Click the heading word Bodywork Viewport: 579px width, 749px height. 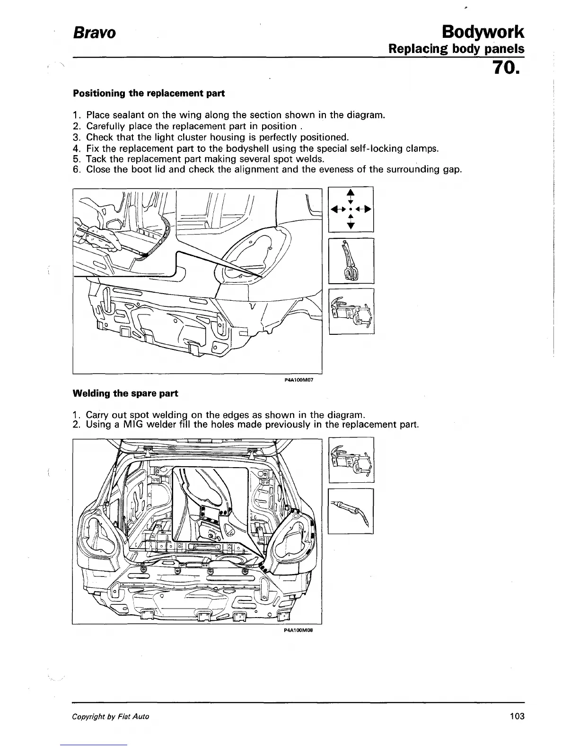(x=482, y=32)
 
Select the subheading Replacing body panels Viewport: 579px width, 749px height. (x=456, y=49)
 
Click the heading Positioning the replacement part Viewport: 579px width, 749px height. (x=149, y=93)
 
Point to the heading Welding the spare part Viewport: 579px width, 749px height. (x=125, y=393)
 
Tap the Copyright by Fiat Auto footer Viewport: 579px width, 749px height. (x=110, y=717)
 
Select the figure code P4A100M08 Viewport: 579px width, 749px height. (x=299, y=631)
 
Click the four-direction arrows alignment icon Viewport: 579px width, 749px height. (x=351, y=209)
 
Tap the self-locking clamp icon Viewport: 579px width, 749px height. (x=351, y=261)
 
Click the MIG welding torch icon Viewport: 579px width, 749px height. (x=351, y=511)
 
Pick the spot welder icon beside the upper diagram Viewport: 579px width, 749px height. (x=351, y=311)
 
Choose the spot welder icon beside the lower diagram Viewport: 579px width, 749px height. (x=351, y=460)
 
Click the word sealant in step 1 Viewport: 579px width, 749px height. (x=127, y=115)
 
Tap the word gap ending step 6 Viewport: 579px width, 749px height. (x=451, y=170)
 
